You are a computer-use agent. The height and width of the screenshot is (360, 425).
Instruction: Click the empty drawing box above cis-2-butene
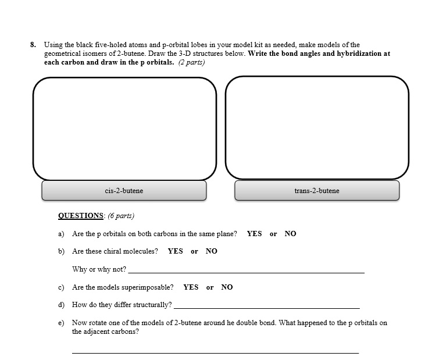(x=124, y=128)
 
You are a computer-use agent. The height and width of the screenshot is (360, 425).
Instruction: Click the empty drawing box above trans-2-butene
(x=317, y=128)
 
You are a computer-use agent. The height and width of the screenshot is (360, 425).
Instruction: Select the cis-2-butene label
(x=124, y=191)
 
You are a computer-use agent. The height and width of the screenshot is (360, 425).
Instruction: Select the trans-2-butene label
(x=317, y=191)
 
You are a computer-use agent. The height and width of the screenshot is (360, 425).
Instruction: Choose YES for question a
(x=254, y=234)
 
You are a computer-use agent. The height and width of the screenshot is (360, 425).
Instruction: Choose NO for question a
(x=290, y=234)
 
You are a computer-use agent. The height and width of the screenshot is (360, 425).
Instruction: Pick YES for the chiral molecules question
(x=175, y=251)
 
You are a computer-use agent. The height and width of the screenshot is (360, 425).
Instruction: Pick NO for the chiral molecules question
(x=211, y=251)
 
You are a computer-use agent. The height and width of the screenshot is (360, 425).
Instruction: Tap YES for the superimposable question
(x=191, y=287)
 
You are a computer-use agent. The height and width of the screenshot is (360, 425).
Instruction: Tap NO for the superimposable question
(x=227, y=287)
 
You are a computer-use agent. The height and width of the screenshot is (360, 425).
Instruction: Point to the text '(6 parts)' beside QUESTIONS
(x=120, y=216)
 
